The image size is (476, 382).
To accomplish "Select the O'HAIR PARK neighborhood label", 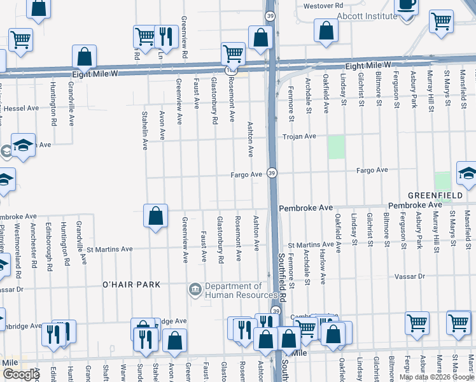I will (132, 285).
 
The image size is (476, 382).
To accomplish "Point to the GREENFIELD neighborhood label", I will (437, 195).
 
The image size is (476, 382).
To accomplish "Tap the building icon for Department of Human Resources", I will (195, 290).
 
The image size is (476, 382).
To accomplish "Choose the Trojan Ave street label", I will (299, 136).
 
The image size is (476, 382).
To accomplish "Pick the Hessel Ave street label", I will (22, 109).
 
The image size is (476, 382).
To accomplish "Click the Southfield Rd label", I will (283, 278).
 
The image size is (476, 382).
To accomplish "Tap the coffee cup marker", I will (405, 4).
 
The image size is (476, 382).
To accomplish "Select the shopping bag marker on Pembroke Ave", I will (155, 216).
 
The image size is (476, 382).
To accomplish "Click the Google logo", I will (20, 374).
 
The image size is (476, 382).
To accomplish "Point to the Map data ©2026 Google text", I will (437, 377).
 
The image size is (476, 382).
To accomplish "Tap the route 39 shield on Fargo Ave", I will (272, 173).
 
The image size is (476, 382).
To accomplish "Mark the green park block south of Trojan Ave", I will (335, 147).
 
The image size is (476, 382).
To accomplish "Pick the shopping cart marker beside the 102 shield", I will (233, 53).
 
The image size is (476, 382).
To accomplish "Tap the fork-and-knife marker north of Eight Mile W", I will (166, 36).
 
